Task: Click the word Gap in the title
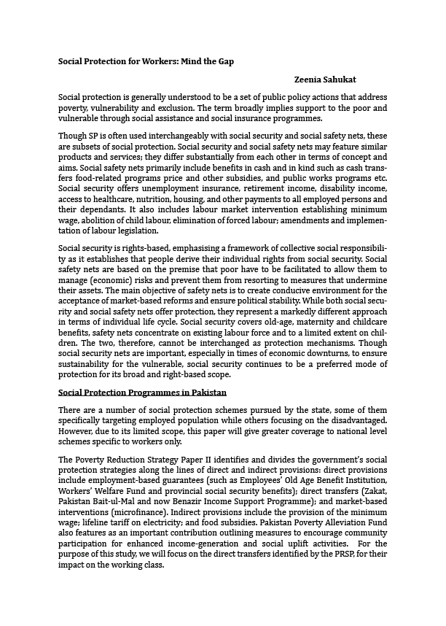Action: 224,61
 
